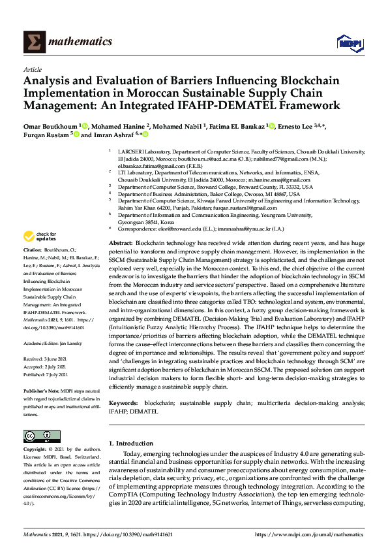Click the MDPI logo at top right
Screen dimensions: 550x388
point(349,43)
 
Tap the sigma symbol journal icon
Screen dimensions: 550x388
point(35,42)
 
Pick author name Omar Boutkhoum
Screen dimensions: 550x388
point(51,125)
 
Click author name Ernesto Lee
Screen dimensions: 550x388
point(305,125)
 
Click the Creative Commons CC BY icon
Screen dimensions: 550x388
point(38,436)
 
